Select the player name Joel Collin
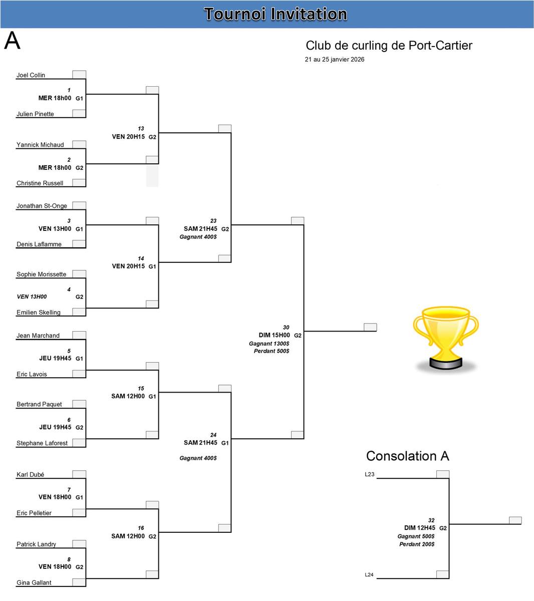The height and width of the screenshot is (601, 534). point(31,75)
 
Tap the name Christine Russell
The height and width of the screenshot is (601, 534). point(40,183)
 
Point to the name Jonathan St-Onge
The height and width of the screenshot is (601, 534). point(42,206)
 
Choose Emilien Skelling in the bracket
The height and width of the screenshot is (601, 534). point(38,313)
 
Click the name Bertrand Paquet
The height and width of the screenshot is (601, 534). point(39,404)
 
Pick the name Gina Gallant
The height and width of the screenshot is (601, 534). point(34,582)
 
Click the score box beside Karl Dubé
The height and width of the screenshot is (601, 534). point(79,474)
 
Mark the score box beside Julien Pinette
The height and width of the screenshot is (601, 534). point(79,113)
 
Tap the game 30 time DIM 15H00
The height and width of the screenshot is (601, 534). point(274,335)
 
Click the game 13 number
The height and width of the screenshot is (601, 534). point(141,129)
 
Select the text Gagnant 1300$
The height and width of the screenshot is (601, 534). point(269,344)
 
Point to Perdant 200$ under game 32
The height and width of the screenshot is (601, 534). point(417,544)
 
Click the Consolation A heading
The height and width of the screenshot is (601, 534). point(407,456)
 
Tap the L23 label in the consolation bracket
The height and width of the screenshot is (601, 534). point(370,474)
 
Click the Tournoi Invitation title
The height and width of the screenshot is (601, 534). point(276,14)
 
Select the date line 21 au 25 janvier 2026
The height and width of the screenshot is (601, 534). point(335,60)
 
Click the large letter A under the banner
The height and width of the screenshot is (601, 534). point(13,41)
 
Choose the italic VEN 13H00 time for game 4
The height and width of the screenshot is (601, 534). point(32,296)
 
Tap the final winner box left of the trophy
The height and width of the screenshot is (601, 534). point(370,327)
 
